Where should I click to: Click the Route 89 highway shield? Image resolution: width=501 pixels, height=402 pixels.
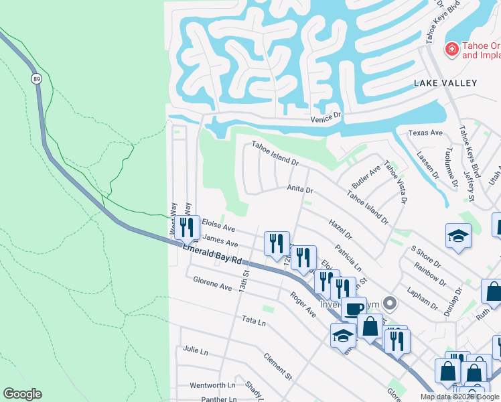coord(35,78)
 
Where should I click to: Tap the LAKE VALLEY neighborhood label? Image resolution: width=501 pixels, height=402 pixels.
coord(445,83)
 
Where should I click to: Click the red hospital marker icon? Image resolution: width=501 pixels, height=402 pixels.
coord(451,50)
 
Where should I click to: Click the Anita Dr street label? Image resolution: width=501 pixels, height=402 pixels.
coord(301,190)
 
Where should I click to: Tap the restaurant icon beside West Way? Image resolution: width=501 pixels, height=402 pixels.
coord(187,227)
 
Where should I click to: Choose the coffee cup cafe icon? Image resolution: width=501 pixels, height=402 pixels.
coord(354,309)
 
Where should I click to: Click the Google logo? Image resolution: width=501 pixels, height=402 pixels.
coord(22,394)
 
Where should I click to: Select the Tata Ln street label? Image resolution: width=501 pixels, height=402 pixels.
coord(254,322)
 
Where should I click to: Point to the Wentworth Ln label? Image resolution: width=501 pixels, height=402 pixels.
coord(212,385)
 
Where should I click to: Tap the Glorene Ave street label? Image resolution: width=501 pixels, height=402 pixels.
coord(212,287)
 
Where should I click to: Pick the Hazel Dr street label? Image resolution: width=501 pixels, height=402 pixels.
coord(340,228)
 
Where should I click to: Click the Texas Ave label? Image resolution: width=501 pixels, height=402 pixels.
coord(427,133)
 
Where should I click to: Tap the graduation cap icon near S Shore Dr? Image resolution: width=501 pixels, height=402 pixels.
coord(458,235)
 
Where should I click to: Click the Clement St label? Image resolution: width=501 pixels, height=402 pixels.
coord(278,366)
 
